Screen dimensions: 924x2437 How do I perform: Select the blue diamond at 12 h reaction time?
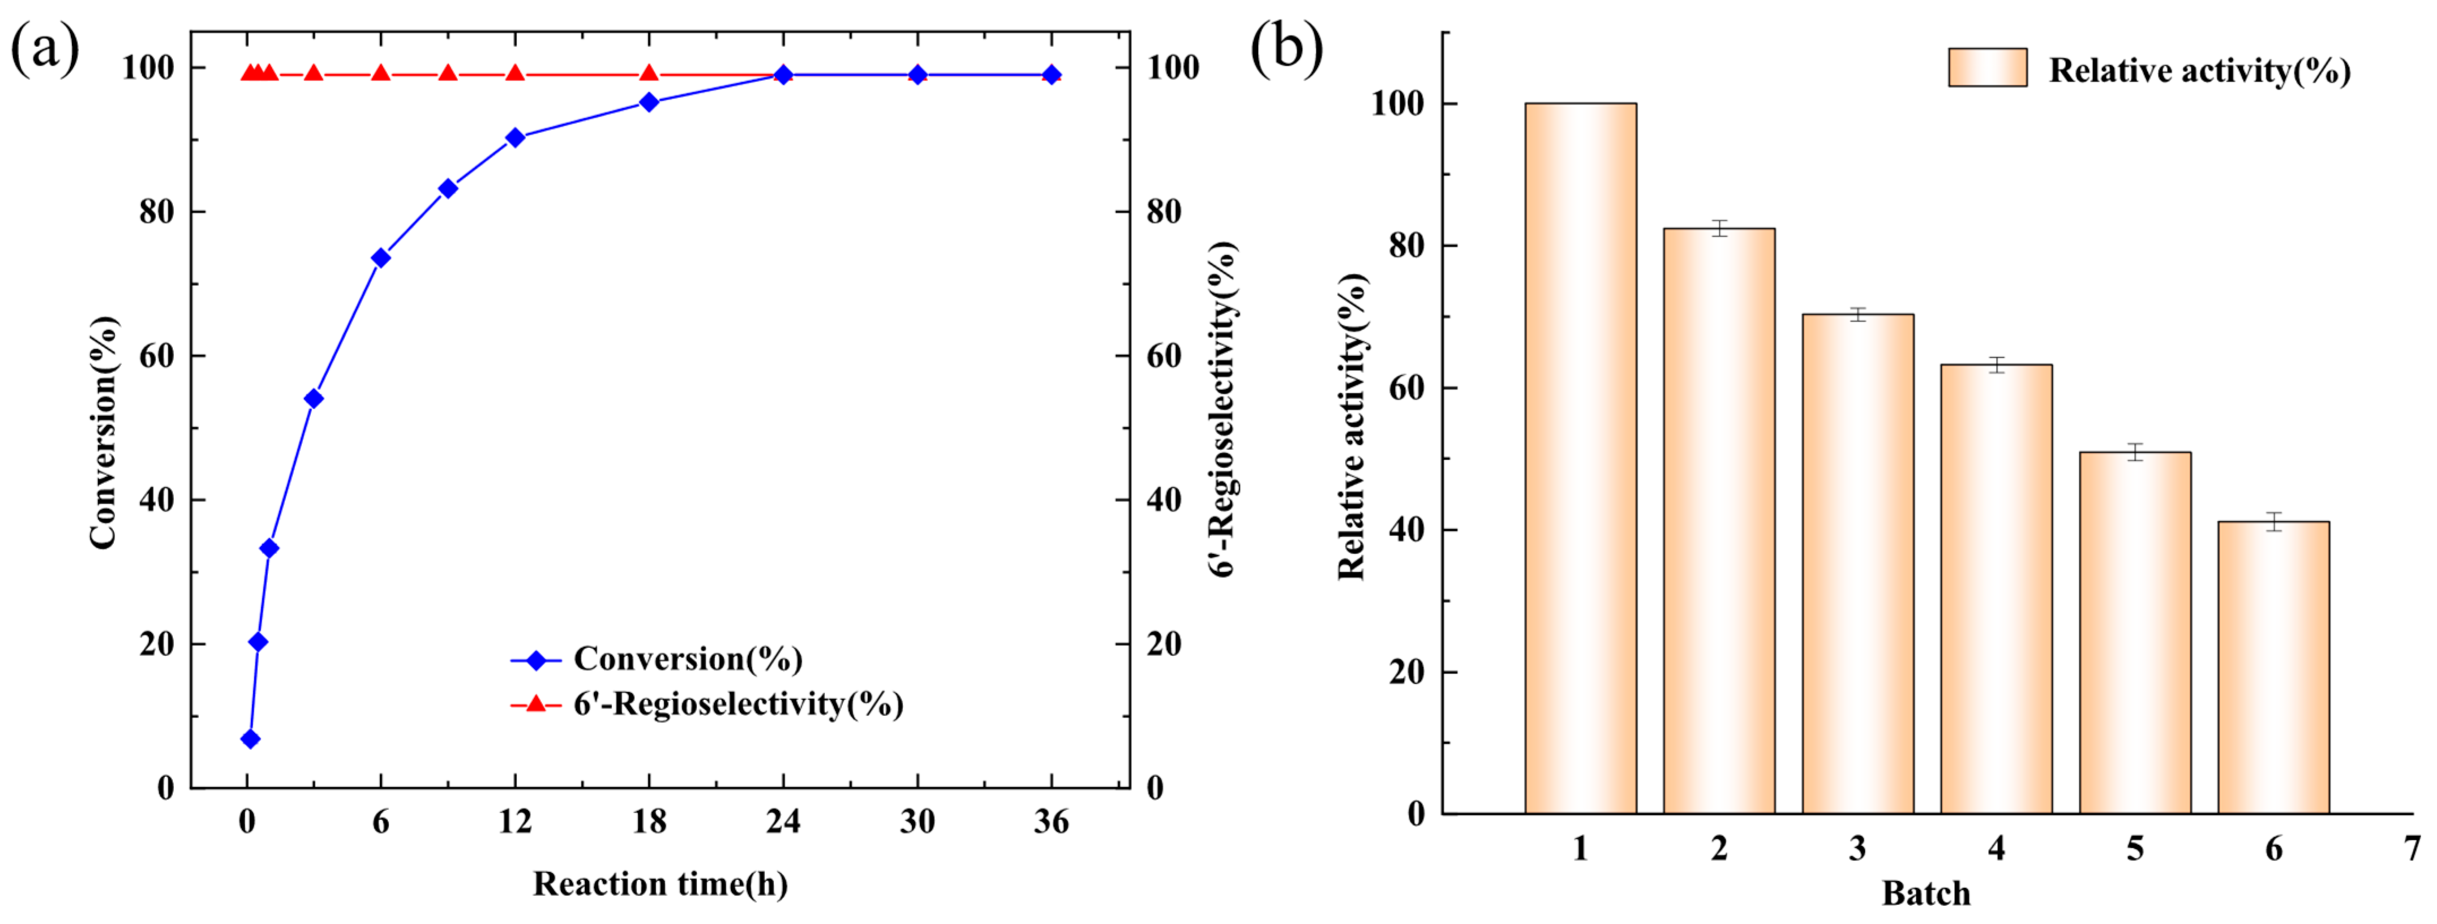pos(514,137)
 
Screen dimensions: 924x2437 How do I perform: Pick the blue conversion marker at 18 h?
pos(649,102)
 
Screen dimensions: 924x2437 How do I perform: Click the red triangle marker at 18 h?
pos(649,74)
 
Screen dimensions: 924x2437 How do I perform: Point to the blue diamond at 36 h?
pos(1051,75)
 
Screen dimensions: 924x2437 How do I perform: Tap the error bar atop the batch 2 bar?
pos(1719,228)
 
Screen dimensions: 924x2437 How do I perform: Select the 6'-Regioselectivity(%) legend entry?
pos(738,704)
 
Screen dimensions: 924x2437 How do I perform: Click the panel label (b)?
pos(1286,48)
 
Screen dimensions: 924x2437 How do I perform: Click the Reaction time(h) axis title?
pos(660,884)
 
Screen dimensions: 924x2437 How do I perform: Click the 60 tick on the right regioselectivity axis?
pos(1164,356)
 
